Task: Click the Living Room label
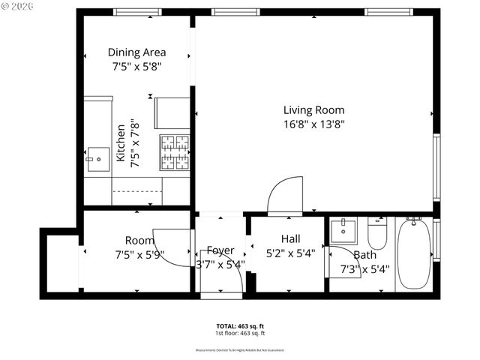tap(314, 110)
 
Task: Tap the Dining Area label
tap(136, 52)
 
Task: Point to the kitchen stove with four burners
tap(174, 153)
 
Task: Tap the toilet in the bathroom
tap(376, 234)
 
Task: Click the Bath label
tap(365, 255)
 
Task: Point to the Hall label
tap(290, 238)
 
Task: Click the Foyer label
tap(220, 250)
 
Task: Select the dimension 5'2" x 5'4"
tap(290, 253)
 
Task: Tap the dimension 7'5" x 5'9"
tap(139, 254)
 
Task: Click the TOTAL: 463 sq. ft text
tap(239, 326)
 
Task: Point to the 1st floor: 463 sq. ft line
tap(239, 333)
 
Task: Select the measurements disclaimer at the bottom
tap(239, 350)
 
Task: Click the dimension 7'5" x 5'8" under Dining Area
tap(136, 66)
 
